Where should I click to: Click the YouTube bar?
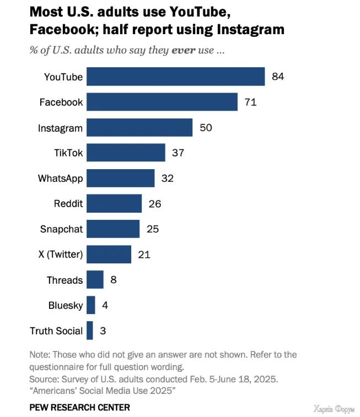175,77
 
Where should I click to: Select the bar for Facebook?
162,102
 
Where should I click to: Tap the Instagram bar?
139,128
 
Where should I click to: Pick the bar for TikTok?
126,153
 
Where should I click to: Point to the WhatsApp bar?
120,178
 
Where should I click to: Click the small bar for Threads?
95,280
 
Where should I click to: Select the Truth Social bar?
90,331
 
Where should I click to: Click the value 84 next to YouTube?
278,77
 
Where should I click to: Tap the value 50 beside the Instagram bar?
206,128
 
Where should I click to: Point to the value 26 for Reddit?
155,204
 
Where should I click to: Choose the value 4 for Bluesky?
105,305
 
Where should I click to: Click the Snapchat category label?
61,229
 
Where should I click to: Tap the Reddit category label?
68,204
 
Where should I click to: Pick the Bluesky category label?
65,305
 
